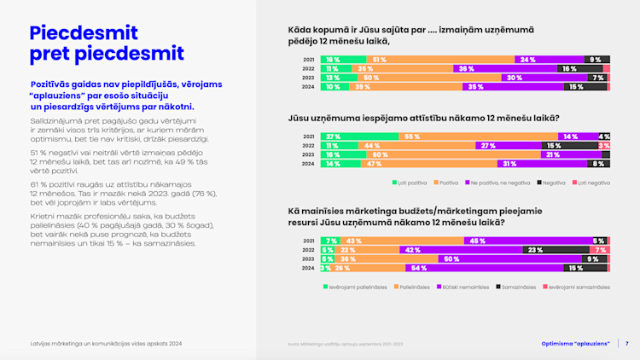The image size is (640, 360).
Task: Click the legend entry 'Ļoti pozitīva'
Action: tap(411, 183)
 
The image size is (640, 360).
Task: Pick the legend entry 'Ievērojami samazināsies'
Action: tap(576, 286)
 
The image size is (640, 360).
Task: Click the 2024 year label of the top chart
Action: tap(309, 87)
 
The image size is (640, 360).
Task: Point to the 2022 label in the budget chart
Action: tap(309, 250)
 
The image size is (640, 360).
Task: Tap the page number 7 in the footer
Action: tap(627, 344)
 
